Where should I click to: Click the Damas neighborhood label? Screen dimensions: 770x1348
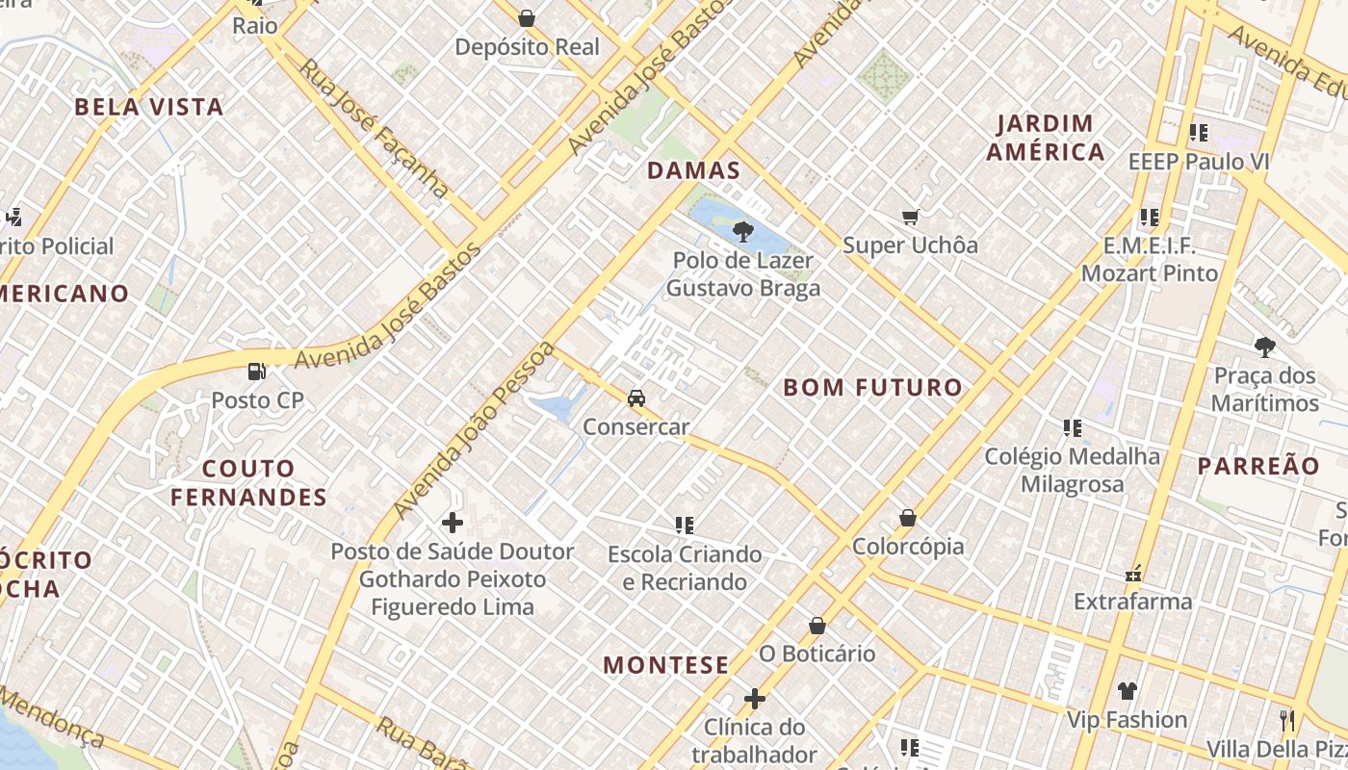(x=693, y=171)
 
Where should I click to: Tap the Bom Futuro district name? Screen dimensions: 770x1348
(x=872, y=388)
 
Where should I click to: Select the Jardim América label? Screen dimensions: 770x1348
(x=1045, y=138)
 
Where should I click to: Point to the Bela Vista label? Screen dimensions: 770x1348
(x=149, y=107)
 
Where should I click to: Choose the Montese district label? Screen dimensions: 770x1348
(x=665, y=665)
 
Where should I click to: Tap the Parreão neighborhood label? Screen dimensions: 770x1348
(x=1258, y=466)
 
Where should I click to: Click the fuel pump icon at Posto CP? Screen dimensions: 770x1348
(x=256, y=371)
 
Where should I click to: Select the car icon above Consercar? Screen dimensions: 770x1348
(x=635, y=398)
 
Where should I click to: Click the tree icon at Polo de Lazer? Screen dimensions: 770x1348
(x=742, y=231)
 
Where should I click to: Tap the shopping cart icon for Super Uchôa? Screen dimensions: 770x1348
(x=910, y=217)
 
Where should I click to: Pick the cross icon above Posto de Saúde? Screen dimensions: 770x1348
(x=452, y=523)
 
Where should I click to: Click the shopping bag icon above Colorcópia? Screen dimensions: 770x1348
(x=907, y=518)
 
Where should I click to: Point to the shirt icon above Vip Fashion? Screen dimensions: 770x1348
(x=1127, y=690)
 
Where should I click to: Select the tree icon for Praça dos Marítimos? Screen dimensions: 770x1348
(x=1264, y=346)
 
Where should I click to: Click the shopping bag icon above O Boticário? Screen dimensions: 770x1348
(x=817, y=626)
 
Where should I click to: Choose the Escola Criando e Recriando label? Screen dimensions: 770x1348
(x=684, y=568)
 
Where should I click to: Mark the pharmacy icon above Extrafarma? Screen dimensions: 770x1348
(x=1133, y=574)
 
